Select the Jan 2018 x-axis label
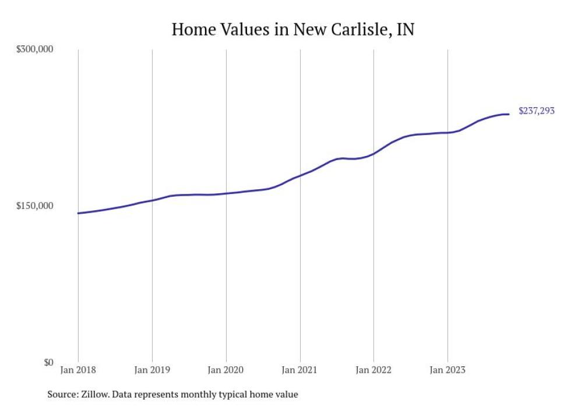[x=78, y=370]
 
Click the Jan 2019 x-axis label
[x=152, y=370]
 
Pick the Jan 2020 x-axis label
[x=226, y=370]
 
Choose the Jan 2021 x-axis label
[x=299, y=370]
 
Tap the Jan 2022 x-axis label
[x=373, y=370]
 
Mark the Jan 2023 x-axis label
[x=447, y=370]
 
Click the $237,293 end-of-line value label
[x=536, y=111]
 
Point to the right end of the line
[x=509, y=114]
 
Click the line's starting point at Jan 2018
[x=78, y=213]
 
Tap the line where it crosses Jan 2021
[x=300, y=175]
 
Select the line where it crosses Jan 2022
[x=373, y=154]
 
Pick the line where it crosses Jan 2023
[x=447, y=133]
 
